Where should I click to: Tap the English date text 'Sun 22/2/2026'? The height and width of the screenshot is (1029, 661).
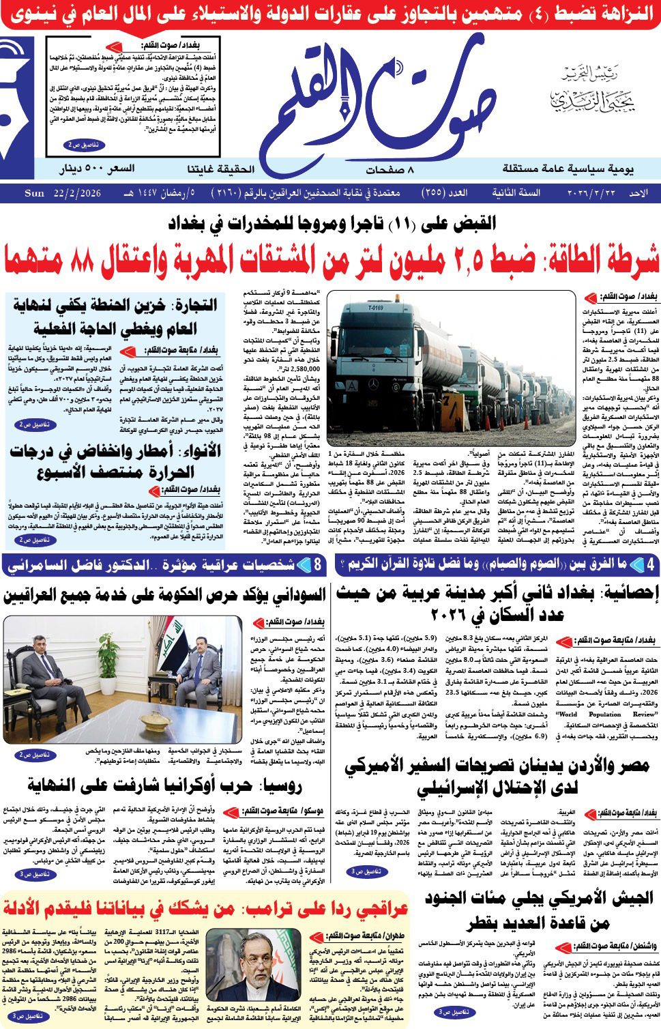[62, 194]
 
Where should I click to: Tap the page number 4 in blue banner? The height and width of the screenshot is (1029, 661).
[649, 564]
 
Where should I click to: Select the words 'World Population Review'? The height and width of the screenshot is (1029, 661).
[598, 714]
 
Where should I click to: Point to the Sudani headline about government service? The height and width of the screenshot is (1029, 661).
[164, 596]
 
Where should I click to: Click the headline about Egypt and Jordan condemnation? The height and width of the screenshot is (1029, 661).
[497, 776]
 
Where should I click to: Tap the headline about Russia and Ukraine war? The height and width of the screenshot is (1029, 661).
[164, 786]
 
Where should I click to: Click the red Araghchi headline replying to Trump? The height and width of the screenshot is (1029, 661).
[205, 908]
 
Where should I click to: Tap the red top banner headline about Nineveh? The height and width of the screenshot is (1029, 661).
[330, 14]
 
